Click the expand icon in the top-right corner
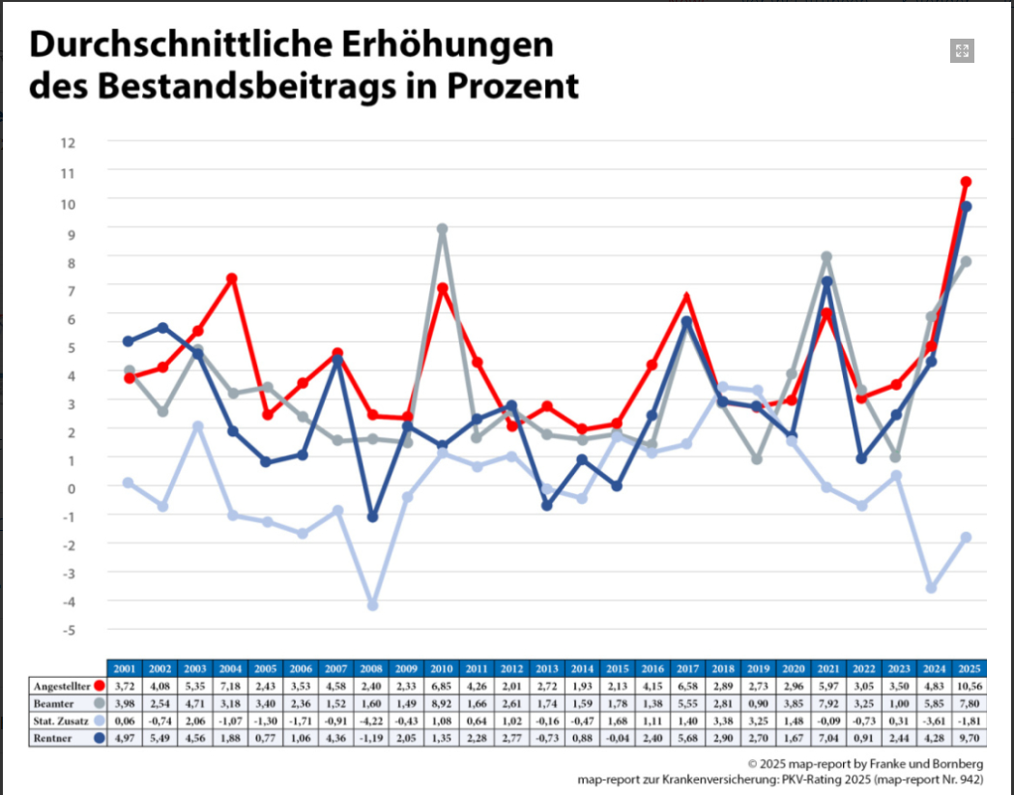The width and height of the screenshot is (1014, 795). pyautogui.click(x=961, y=51)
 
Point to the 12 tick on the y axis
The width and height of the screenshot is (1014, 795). pyautogui.click(x=67, y=143)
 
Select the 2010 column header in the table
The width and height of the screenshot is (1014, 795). pyautogui.click(x=441, y=668)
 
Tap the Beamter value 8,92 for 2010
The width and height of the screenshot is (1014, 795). pyautogui.click(x=441, y=703)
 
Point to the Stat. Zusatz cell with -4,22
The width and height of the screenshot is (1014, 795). pyautogui.click(x=371, y=721)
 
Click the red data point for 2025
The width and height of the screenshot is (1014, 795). pyautogui.click(x=966, y=182)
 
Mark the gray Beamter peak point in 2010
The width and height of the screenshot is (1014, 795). pyautogui.click(x=442, y=229)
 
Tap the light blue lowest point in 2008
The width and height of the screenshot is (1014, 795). pyautogui.click(x=372, y=604)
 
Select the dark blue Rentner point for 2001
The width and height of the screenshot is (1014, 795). pyautogui.click(x=129, y=341)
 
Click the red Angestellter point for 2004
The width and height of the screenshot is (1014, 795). pyautogui.click(x=232, y=279)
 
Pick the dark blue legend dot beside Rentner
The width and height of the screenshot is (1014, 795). pyautogui.click(x=100, y=738)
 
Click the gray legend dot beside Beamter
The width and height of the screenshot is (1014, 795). pyautogui.click(x=100, y=703)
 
